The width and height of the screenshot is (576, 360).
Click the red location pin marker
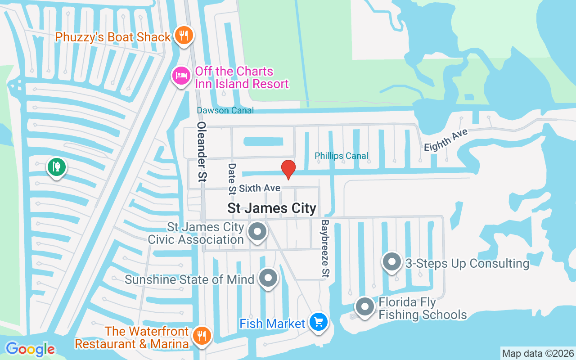(x=288, y=169)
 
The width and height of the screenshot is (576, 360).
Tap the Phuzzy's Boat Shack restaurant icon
(x=183, y=35)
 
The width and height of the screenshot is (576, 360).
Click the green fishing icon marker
(x=56, y=167)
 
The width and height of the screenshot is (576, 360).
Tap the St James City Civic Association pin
(x=258, y=232)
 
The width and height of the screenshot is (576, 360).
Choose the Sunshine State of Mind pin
(x=269, y=279)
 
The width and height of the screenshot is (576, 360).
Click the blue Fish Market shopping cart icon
(x=319, y=322)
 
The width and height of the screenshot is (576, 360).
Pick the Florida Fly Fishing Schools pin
(x=365, y=307)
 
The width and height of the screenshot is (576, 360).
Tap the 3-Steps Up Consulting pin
(x=392, y=262)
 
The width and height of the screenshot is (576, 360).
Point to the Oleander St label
(x=202, y=152)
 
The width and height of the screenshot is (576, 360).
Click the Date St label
(x=232, y=178)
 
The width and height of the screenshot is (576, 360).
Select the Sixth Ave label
(x=260, y=188)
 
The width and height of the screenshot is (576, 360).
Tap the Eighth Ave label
(x=446, y=140)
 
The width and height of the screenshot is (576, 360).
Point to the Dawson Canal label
(x=225, y=110)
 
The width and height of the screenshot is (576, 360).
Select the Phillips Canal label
(x=342, y=156)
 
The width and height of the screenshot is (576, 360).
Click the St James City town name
(x=272, y=208)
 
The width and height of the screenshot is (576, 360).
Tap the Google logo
(x=30, y=349)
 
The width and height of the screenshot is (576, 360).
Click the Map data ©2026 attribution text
(x=538, y=353)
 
